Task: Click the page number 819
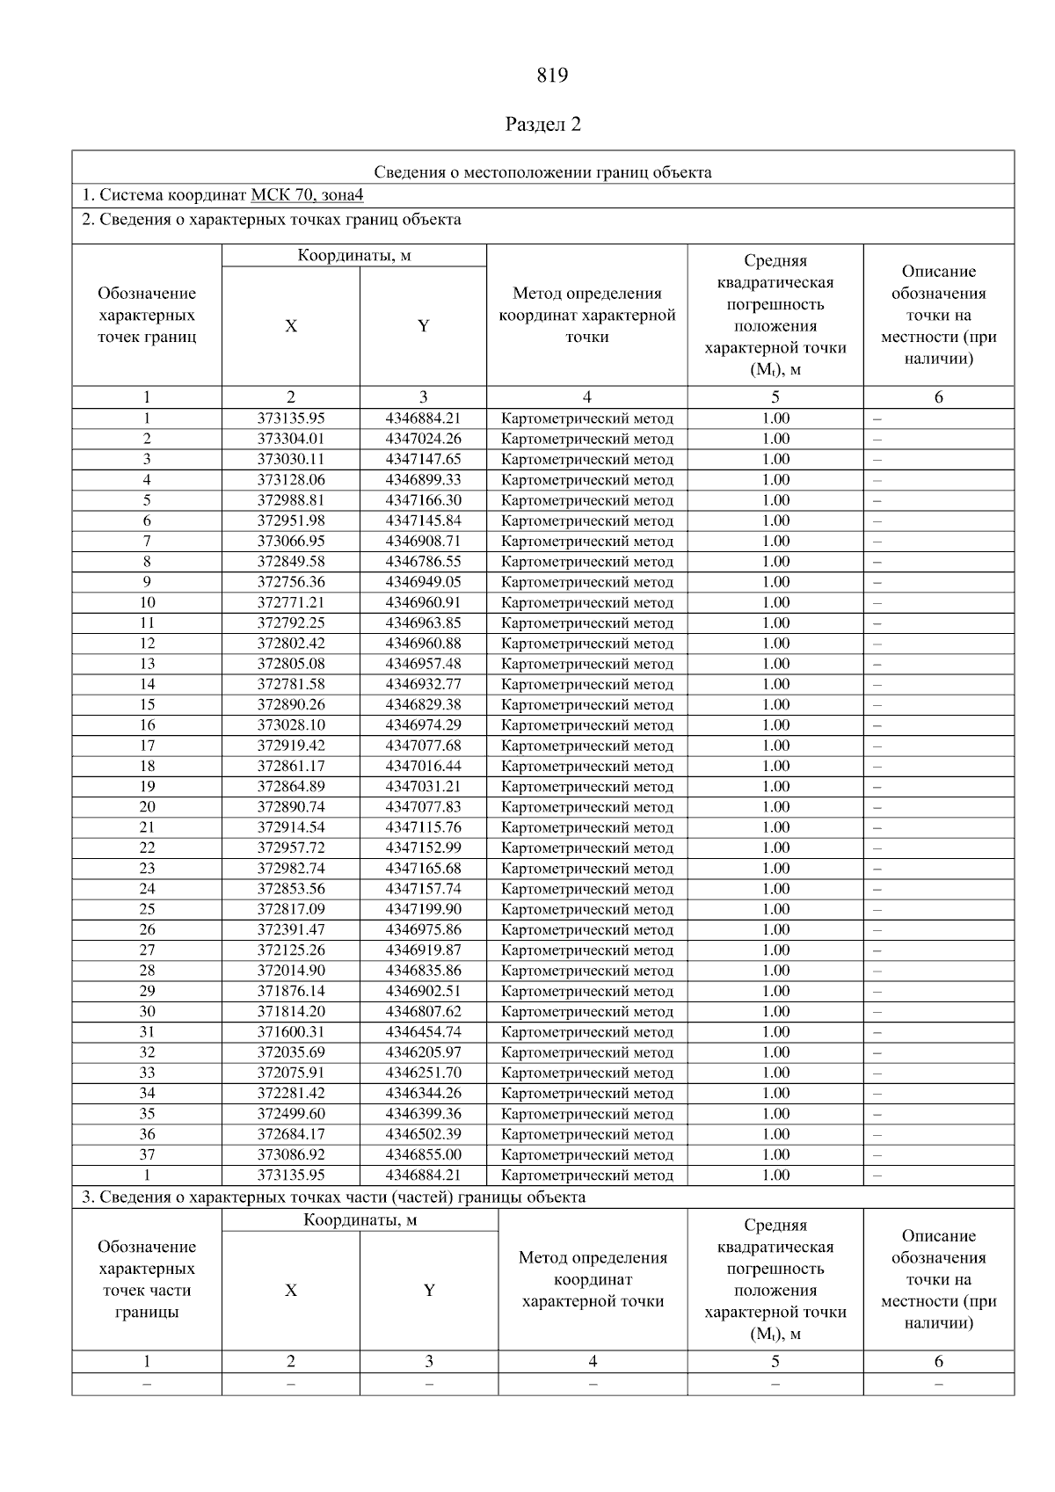click(552, 76)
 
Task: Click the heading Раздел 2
click(543, 125)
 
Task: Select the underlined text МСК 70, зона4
click(307, 195)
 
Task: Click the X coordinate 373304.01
click(291, 439)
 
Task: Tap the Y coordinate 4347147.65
click(423, 459)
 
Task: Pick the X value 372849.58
click(291, 562)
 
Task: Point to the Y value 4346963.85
click(423, 623)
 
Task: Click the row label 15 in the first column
click(147, 705)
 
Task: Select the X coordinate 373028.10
click(291, 725)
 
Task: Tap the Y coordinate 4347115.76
click(423, 827)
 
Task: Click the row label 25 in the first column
click(147, 909)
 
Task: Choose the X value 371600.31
click(291, 1032)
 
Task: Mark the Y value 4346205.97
click(423, 1052)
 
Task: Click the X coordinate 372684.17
click(291, 1134)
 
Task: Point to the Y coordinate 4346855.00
click(423, 1154)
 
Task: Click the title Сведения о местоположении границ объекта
click(543, 172)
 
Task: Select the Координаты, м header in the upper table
click(354, 256)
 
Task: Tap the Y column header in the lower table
click(429, 1291)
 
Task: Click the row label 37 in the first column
click(147, 1154)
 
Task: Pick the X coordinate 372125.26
click(291, 950)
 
